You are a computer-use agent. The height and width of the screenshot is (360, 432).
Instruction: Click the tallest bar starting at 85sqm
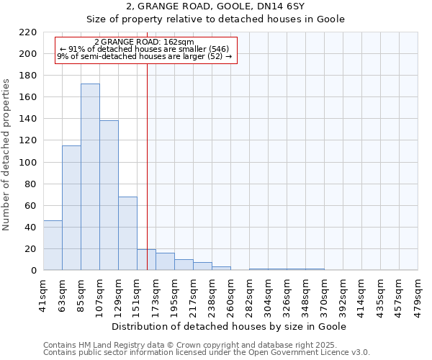(90, 177)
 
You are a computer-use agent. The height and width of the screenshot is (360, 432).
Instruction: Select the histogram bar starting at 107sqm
(109, 195)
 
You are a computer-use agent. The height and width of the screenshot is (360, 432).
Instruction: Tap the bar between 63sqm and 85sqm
(71, 208)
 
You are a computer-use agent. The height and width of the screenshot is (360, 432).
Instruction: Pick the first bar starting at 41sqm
(53, 246)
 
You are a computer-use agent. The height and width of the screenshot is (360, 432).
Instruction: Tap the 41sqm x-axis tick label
(43, 292)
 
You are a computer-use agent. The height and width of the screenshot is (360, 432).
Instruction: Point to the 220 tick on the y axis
(29, 32)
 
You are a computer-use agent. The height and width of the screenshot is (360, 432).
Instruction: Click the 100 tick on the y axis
(29, 163)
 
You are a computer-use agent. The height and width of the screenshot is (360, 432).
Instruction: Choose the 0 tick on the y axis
(34, 271)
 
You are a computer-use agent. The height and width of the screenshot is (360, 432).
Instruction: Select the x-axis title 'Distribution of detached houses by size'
(230, 326)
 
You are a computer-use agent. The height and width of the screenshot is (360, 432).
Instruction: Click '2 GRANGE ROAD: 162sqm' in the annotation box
(144, 42)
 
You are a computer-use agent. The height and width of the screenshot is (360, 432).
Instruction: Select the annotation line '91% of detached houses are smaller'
(144, 49)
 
